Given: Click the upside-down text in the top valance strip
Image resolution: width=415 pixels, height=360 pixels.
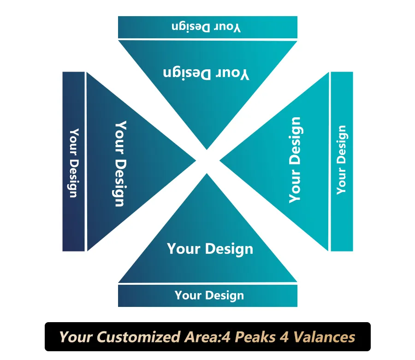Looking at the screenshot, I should [206, 27].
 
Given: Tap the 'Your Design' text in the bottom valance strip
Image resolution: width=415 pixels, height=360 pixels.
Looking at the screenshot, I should [209, 295].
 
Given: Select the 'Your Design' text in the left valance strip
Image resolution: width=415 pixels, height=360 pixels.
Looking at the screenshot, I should [73, 162].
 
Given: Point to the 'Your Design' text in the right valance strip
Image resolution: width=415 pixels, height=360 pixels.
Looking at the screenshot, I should [341, 160].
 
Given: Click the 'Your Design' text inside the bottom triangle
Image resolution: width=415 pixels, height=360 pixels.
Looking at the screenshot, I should [210, 249].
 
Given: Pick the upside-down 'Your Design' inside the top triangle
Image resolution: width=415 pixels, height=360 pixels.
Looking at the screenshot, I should [206, 73].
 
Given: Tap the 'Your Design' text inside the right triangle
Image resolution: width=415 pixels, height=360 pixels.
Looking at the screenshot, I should [295, 160].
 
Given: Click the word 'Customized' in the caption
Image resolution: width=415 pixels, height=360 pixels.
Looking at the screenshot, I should [134, 337].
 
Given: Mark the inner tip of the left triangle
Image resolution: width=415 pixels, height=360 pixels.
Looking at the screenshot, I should [196, 161].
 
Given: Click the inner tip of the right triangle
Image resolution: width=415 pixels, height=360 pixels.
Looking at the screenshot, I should [220, 161].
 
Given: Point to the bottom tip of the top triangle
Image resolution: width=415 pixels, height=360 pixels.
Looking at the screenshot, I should [207, 149].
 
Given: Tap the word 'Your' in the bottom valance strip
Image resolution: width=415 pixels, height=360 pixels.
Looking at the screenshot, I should [186, 295].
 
